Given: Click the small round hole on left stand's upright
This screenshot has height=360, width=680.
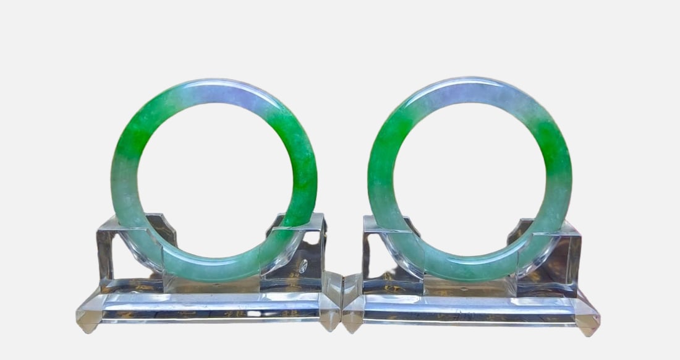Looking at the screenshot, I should pos(304,265).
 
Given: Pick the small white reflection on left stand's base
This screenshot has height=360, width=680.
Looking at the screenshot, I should pos(254,313).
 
